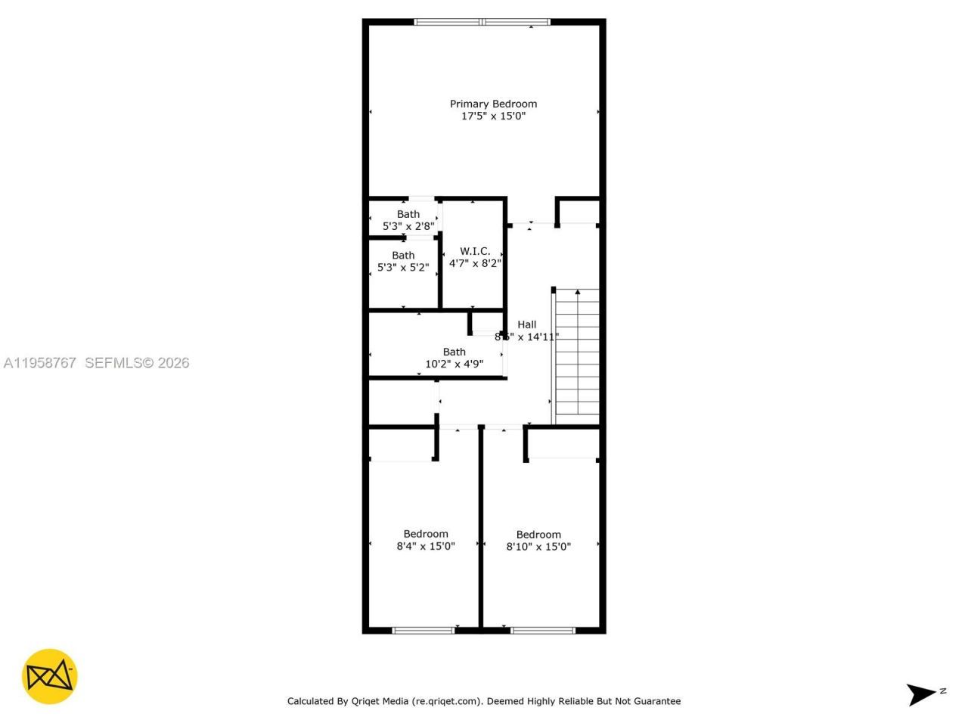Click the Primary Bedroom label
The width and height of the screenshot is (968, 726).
click(x=493, y=104)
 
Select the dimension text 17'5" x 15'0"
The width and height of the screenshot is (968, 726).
click(x=493, y=116)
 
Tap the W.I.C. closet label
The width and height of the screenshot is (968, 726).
click(x=475, y=251)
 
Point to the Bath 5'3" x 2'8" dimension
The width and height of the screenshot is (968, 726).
click(x=408, y=226)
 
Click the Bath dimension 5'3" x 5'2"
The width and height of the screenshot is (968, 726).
click(x=403, y=267)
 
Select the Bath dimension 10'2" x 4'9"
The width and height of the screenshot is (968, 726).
click(x=454, y=364)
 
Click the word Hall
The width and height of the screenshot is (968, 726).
click(x=527, y=324)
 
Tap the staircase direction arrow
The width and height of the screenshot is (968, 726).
click(x=578, y=292)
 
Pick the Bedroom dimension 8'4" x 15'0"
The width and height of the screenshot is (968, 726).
click(x=426, y=546)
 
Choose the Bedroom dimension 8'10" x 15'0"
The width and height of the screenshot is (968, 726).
click(x=538, y=547)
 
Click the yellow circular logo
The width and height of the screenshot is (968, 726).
click(x=49, y=677)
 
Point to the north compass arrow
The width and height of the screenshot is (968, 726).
click(x=922, y=693)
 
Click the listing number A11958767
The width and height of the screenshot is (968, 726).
click(x=39, y=363)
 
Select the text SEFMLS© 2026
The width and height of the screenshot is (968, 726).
click(x=137, y=363)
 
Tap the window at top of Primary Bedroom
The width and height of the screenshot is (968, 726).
click(x=482, y=22)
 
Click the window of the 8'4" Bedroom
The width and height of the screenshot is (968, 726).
click(x=423, y=630)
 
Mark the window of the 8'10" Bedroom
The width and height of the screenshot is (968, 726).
click(x=543, y=630)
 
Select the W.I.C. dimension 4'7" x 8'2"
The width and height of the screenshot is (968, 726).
click(x=475, y=263)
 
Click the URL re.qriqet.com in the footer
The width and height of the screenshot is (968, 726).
click(x=446, y=701)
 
